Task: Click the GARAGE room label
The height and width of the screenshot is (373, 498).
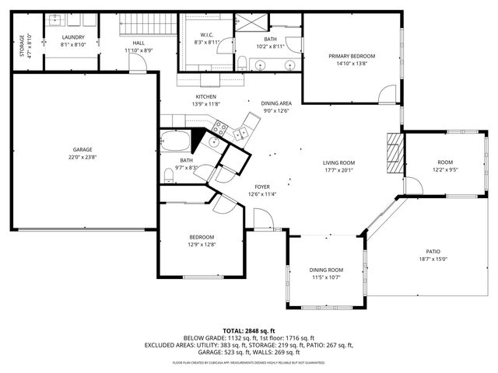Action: [83, 149]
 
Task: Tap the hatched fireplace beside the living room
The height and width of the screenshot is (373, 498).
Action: [395, 152]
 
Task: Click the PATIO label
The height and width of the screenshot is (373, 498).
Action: [433, 252]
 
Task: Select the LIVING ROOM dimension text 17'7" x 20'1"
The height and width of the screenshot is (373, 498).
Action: [338, 171]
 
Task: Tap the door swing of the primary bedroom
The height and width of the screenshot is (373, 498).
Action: [386, 95]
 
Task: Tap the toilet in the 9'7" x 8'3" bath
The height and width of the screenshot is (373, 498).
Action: [169, 173]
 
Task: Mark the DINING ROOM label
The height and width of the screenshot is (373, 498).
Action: [326, 269]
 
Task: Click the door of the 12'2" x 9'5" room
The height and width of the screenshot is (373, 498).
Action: [412, 186]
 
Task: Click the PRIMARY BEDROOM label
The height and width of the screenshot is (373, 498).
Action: [351, 56]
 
